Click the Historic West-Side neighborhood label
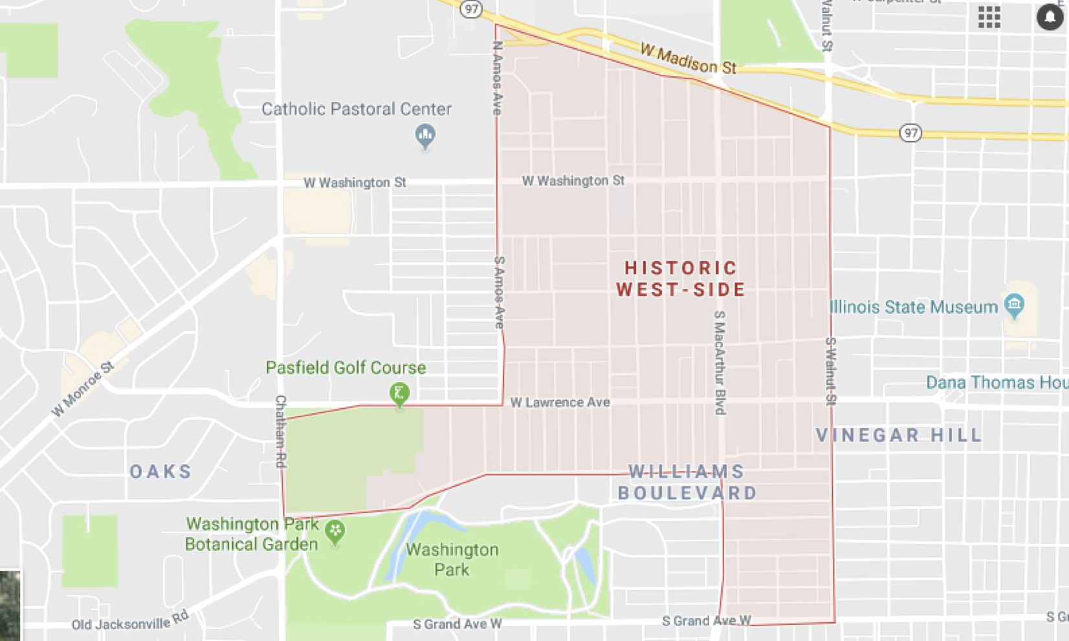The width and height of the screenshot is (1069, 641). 681,279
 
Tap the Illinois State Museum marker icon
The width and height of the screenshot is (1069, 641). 1013,305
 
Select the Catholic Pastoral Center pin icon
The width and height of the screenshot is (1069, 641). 425,135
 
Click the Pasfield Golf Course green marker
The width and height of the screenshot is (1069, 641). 399,393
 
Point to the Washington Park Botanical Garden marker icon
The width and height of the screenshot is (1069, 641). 335,532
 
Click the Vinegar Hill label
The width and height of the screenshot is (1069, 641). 899,435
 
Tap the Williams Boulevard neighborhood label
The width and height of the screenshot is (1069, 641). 687,482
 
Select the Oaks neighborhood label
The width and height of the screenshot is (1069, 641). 161,472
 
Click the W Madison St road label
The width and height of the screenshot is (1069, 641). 688,59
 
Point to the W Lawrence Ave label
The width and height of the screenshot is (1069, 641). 560,402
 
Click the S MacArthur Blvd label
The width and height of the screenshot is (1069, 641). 720,362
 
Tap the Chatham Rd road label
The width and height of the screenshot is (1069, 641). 281,431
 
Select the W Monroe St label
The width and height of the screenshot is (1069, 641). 83,389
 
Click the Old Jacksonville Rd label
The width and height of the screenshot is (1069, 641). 130,622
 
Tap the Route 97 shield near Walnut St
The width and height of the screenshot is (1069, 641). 910,133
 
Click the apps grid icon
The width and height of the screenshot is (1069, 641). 989,17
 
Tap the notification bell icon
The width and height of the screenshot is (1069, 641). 1049,16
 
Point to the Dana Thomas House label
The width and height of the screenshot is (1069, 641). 996,382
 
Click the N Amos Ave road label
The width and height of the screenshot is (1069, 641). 497,78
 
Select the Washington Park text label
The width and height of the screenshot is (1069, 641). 452,560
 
